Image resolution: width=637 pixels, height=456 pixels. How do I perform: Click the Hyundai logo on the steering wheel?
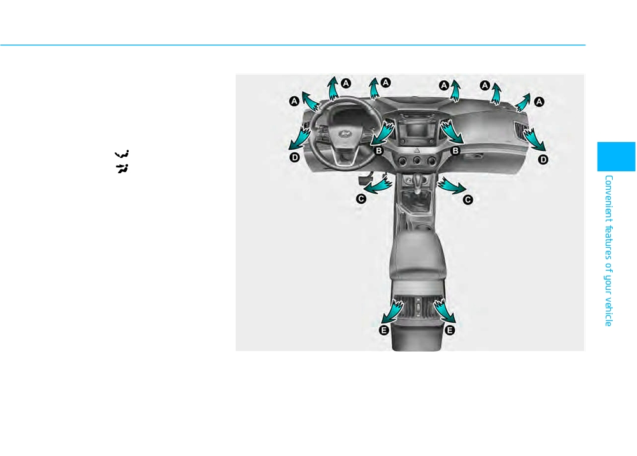pos(345,134)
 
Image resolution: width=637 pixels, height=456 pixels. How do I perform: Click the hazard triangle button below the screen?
pos(417,150)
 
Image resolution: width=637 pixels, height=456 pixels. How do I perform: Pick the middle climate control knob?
pos(417,160)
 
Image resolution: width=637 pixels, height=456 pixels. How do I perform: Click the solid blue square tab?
pos(616,156)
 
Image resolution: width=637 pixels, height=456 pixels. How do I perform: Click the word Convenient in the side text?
pos(608,199)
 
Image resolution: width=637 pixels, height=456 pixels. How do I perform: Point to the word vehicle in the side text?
pos(608,312)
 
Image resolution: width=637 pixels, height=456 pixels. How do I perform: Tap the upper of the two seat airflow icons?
pos(122,154)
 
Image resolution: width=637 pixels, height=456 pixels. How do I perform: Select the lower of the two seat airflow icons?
pos(122,168)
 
